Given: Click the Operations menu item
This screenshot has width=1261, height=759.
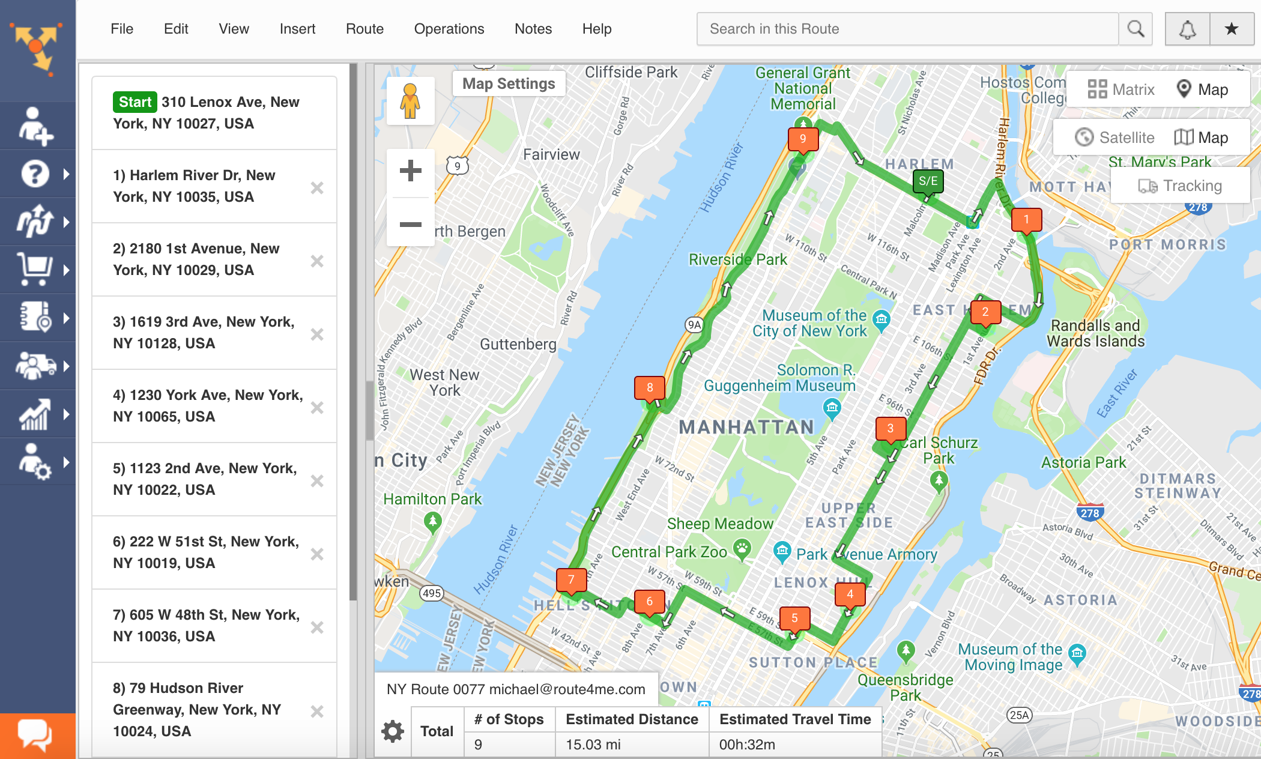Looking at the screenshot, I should point(449,29).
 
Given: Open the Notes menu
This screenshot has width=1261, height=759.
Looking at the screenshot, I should point(533,29).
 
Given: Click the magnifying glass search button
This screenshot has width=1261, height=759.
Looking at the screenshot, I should point(1135,29).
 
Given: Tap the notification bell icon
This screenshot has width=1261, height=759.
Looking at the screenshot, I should point(1187,29).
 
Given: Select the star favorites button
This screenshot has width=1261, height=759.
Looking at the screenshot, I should point(1232,29).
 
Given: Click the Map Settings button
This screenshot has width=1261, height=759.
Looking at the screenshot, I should point(509,83).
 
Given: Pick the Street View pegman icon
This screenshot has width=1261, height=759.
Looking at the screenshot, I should point(410,101).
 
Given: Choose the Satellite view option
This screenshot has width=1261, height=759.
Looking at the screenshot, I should point(1114,138).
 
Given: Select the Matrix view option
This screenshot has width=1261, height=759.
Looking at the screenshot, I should point(1121,89).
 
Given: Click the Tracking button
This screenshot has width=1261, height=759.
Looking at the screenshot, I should point(1180,186).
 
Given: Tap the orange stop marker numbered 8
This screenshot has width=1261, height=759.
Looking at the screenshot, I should point(650,388).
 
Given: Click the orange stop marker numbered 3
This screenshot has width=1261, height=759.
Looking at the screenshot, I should point(891,429).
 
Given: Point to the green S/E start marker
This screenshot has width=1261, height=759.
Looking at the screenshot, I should point(928,181).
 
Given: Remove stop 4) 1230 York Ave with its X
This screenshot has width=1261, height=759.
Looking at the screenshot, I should point(317,408).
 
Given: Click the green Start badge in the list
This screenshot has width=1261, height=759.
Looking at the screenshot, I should point(135,102).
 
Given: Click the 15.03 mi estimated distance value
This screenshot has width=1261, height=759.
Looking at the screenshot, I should point(593,745).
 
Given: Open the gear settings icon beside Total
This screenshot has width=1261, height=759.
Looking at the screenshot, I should point(393,731).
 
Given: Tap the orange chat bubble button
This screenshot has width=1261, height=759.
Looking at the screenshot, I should point(35,735).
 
